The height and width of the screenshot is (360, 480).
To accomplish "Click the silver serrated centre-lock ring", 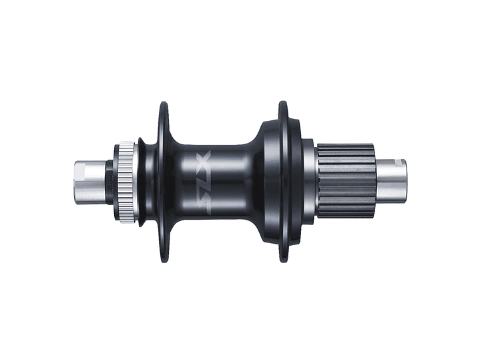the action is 126,182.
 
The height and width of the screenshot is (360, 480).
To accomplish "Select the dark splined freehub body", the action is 347,181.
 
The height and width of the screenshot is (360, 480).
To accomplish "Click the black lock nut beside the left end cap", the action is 109,182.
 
